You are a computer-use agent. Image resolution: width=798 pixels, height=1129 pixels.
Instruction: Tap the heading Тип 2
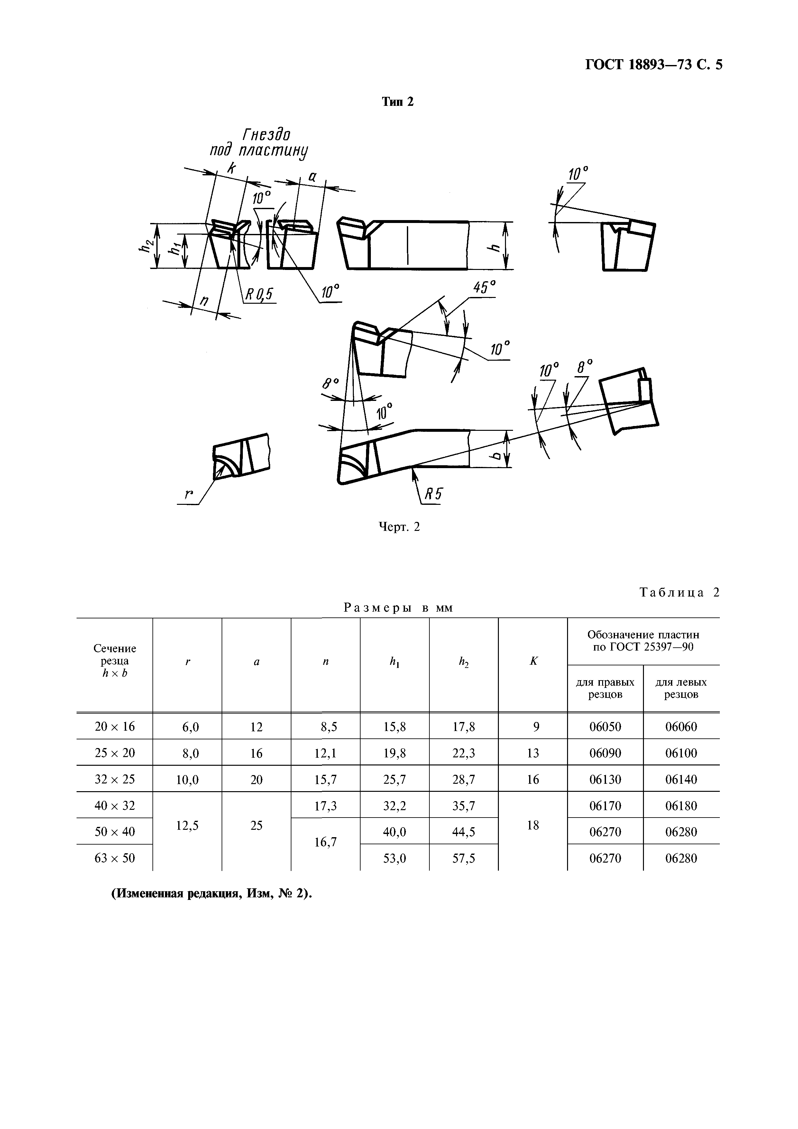(x=398, y=102)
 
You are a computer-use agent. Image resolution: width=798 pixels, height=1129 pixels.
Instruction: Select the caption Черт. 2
(x=399, y=527)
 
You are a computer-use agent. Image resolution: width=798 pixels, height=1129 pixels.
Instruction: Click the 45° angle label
(x=484, y=288)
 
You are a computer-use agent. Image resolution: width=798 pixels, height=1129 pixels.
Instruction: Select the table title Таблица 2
(x=679, y=593)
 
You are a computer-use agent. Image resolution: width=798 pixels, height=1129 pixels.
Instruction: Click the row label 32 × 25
(x=115, y=779)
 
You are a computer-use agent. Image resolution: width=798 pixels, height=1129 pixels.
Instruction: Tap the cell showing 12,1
(x=326, y=753)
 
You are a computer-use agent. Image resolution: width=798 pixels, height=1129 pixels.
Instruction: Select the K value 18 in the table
(x=533, y=825)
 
